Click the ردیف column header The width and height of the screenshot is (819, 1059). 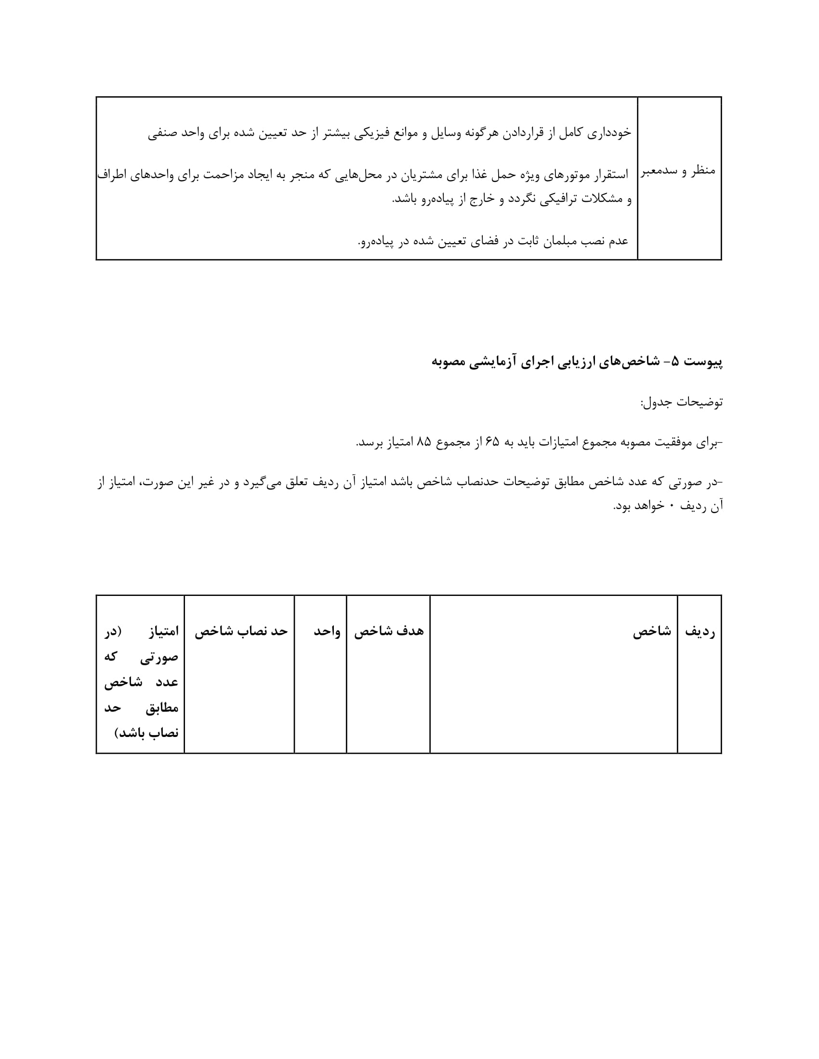pyautogui.click(x=700, y=631)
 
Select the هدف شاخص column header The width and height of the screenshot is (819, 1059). pyautogui.click(x=389, y=631)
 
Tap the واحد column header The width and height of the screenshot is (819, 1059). pyautogui.click(x=327, y=631)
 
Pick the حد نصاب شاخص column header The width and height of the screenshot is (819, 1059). pyautogui.click(x=241, y=631)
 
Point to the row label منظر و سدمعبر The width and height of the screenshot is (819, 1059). pyautogui.click(x=678, y=171)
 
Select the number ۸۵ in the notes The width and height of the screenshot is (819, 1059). pyautogui.click(x=423, y=442)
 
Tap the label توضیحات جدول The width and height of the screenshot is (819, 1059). pyautogui.click(x=681, y=402)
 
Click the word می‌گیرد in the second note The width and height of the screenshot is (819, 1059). pyautogui.click(x=265, y=482)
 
